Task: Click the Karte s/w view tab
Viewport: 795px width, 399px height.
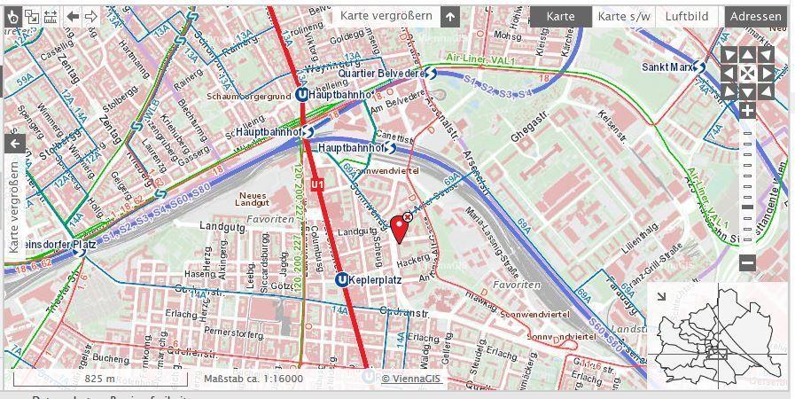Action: pyautogui.click(x=623, y=16)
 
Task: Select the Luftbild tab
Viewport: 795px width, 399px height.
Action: pyautogui.click(x=687, y=16)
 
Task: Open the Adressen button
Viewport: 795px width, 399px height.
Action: pyautogui.click(x=756, y=16)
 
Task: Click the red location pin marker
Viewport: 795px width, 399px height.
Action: pyautogui.click(x=401, y=230)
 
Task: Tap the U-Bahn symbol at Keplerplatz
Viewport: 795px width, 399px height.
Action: pyautogui.click(x=341, y=280)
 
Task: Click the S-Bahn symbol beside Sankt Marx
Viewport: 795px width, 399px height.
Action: pyautogui.click(x=699, y=66)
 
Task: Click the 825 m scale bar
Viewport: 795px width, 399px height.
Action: pyautogui.click(x=99, y=379)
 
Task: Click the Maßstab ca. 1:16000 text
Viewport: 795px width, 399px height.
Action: pyautogui.click(x=253, y=379)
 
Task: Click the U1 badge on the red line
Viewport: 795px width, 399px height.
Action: pyautogui.click(x=317, y=184)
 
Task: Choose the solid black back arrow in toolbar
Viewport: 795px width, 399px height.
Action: pyautogui.click(x=73, y=16)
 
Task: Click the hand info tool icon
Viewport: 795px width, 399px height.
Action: pyautogui.click(x=13, y=16)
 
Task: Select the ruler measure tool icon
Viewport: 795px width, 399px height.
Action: pyautogui.click(x=50, y=16)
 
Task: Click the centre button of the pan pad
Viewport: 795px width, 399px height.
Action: pyautogui.click(x=747, y=73)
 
